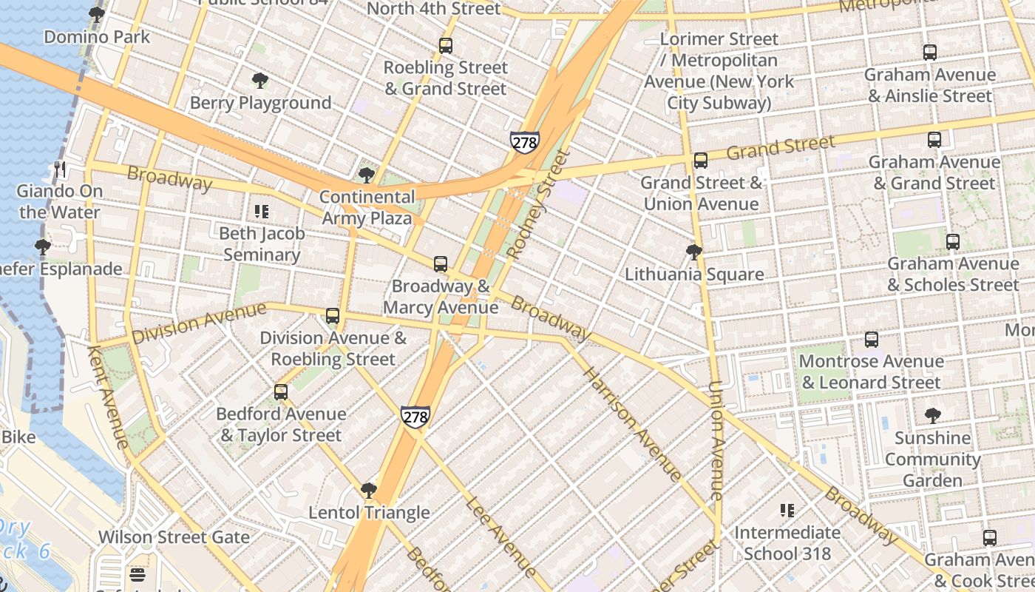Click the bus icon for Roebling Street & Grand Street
coord(446,46)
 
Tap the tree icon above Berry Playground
coord(259,81)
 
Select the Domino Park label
coord(97,37)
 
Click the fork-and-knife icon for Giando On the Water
coord(61,169)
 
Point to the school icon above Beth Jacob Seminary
coord(261,212)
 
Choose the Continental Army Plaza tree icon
coord(366,175)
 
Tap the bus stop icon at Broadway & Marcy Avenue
coord(441,264)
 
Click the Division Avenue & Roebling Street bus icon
coord(333,316)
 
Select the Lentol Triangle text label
coord(369,513)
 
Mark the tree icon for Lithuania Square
coord(693,252)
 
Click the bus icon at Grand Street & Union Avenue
coord(701,161)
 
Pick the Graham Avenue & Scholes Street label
coord(953,274)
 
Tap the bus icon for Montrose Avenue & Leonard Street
coord(872,340)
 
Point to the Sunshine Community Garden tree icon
coord(932,416)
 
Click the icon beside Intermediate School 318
coord(787,511)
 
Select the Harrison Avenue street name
coord(631,422)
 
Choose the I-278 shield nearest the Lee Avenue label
coord(415,417)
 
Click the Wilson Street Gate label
coord(174,536)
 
